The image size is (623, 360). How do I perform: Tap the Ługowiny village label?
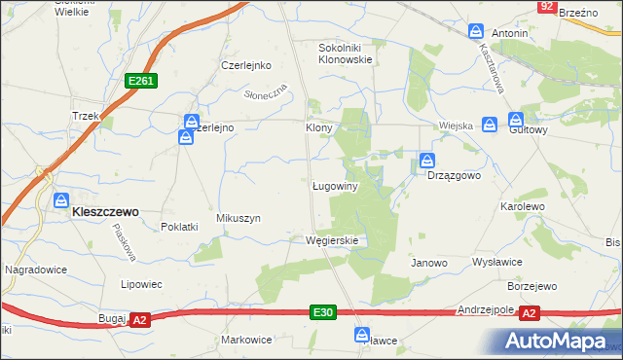coord(336,186)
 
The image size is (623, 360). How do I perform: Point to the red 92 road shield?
coord(546,7)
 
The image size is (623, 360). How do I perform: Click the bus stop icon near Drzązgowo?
coord(426,161)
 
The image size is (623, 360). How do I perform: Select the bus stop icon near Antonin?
coord(476,31)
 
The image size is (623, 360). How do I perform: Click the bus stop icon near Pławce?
coord(362,334)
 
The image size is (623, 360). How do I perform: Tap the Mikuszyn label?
coord(238,219)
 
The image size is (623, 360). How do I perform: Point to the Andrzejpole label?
coord(485,309)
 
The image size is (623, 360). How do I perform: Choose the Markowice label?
coord(246,340)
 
